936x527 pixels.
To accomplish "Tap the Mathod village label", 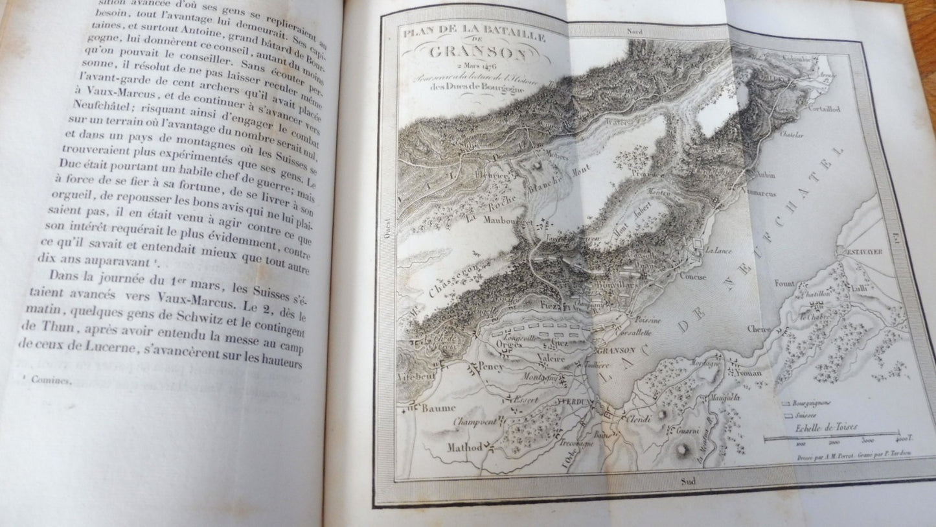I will pyautogui.click(x=466, y=448).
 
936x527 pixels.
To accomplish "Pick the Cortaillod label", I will pyautogui.click(x=824, y=110).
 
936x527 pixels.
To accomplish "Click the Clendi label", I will pyautogui.click(x=636, y=419).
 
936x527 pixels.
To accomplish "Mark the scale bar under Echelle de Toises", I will pyautogui.click(x=831, y=436).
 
